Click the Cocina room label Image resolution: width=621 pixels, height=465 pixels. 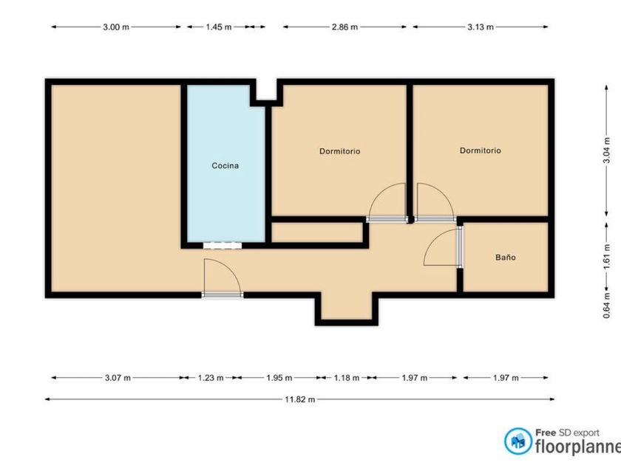pos(225,165)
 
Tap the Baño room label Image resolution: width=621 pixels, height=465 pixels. pos(506,258)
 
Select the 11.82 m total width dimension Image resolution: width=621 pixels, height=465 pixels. pos(300,399)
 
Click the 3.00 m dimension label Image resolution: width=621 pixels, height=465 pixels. pos(116,27)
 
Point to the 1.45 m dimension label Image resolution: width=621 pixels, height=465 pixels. pos(219,27)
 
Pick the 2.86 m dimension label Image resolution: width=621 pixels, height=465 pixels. pos(345,27)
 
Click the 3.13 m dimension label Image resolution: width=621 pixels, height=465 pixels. pos(481,27)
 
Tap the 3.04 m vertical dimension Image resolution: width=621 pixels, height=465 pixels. pos(607,151)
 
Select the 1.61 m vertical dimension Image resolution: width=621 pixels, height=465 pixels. pos(607,257)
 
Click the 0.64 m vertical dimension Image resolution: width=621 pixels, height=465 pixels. pos(607,306)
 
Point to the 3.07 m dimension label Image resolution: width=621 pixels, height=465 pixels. pos(118,378)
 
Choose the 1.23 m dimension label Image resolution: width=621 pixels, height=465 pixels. pos(211,378)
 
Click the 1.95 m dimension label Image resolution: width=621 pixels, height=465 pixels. pos(279,378)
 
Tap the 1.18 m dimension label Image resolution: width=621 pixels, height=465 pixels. pos(347,378)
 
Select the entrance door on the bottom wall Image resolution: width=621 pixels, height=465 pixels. pos(223,294)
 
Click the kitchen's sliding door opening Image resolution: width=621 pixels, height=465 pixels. pos(223,246)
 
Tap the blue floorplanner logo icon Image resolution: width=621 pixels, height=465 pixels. pos(518,441)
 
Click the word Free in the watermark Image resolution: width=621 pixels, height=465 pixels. pos(546,433)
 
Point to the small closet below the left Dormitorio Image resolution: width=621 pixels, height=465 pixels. pos(317,232)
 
